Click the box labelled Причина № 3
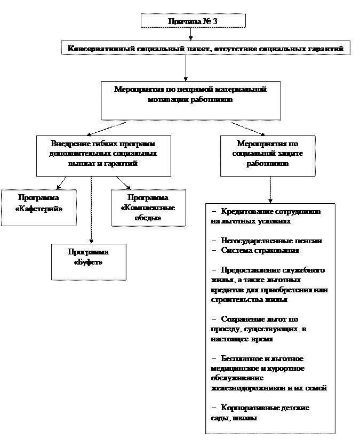(193, 21)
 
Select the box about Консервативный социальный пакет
(205, 49)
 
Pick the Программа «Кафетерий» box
(38, 203)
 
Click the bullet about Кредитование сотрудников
(267, 216)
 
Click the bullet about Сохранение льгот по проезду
(261, 329)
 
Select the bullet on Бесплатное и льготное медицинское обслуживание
(269, 373)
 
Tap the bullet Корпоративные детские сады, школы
(261, 413)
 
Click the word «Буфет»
(89, 263)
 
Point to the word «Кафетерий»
(39, 209)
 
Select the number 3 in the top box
(214, 21)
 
